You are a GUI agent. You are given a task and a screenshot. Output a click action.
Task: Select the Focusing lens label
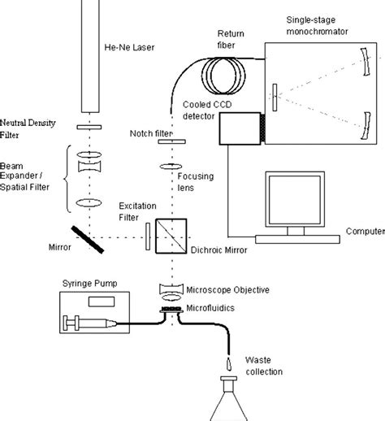point(203,176)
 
